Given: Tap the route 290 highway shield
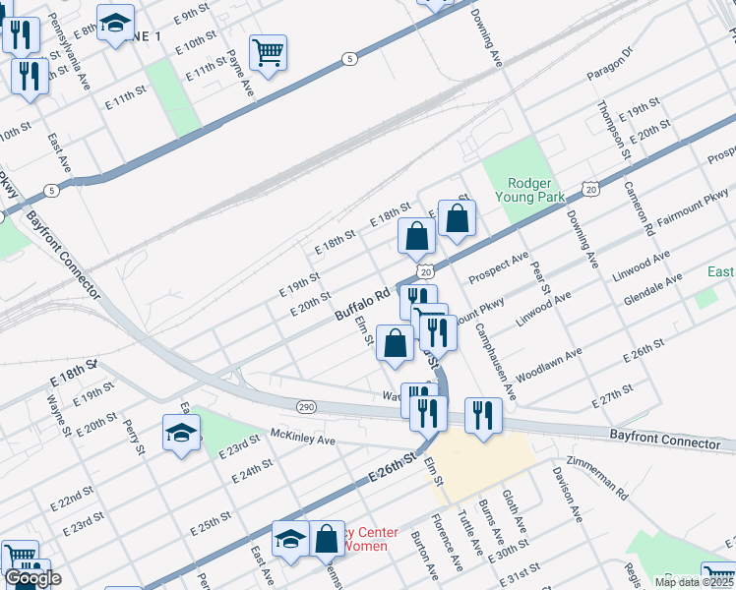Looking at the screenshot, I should click(305, 405).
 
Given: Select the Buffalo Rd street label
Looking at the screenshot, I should click(363, 305).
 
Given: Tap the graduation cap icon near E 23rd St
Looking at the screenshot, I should click(181, 433).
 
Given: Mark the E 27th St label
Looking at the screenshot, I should click(612, 398).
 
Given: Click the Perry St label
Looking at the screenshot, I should click(134, 438).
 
